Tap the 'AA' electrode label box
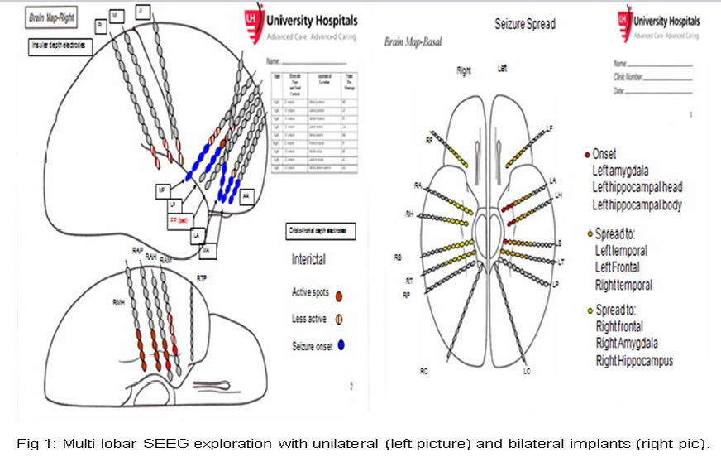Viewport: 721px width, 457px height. point(247,196)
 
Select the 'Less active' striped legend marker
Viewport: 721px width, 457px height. point(341,320)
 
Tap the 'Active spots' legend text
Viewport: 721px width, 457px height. point(310,291)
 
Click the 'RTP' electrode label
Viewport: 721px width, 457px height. point(202,278)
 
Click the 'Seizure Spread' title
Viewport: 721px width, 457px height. point(524,25)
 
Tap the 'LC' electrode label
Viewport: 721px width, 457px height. point(527,372)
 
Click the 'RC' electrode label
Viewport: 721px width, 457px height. point(423,370)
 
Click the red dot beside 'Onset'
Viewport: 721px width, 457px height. point(587,154)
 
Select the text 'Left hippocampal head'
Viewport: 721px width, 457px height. point(637,187)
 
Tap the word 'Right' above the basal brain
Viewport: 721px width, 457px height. point(464,71)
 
